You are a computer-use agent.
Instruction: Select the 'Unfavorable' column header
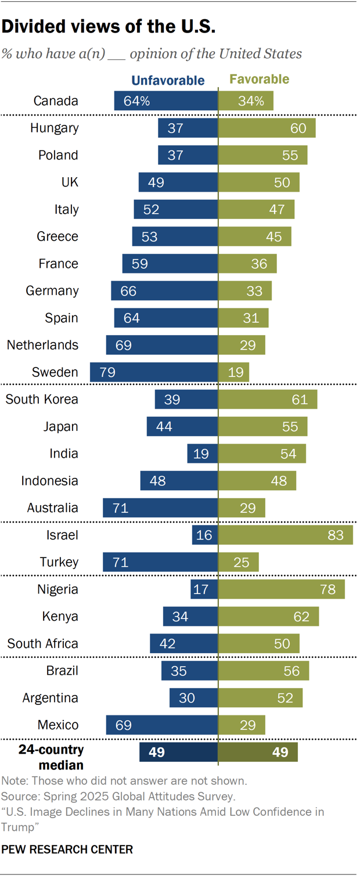pos(168,80)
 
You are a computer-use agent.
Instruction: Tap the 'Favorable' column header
pos(260,80)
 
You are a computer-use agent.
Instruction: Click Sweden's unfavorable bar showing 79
pos(154,372)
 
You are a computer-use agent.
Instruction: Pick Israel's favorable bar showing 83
pos(286,535)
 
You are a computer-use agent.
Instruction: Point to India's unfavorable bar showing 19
pos(203,454)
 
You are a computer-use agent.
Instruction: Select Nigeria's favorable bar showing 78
pos(282,589)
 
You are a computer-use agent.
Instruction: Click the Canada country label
pos(56,100)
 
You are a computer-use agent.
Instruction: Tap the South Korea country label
pos(42,400)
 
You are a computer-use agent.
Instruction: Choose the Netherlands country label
pos(42,345)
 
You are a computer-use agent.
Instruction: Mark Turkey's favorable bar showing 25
pos(239,562)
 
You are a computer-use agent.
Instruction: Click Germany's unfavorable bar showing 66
pos(164,290)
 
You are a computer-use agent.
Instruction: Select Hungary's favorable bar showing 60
pos(267,128)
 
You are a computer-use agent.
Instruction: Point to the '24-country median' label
pos(51,757)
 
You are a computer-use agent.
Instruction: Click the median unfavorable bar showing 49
pos(178,753)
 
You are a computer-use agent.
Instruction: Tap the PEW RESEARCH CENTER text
pos(67,850)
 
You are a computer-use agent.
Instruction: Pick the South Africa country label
pos(42,643)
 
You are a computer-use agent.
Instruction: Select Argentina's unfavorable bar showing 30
pos(193,698)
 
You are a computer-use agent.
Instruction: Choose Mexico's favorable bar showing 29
pos(242,725)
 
